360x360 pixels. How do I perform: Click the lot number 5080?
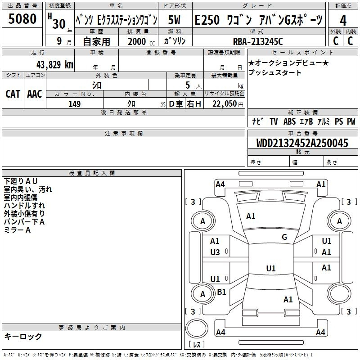[22, 19]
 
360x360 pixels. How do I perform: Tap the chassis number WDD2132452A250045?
[303, 143]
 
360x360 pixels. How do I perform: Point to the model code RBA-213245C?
[258, 41]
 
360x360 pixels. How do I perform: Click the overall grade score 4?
[343, 20]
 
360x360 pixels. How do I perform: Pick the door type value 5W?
[175, 20]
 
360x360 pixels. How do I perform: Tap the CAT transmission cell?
[13, 94]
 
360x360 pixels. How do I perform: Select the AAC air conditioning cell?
[34, 94]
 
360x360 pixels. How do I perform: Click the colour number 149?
[74, 104]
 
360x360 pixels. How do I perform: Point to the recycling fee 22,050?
[224, 104]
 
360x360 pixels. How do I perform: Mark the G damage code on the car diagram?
[284, 237]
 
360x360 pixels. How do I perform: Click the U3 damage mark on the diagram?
[215, 252]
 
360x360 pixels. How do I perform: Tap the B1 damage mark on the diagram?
[221, 292]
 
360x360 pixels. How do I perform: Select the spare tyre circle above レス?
[197, 329]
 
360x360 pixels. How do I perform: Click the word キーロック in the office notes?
[23, 337]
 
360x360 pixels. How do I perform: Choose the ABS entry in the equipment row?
[290, 121]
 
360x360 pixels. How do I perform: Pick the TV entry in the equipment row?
[274, 121]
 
